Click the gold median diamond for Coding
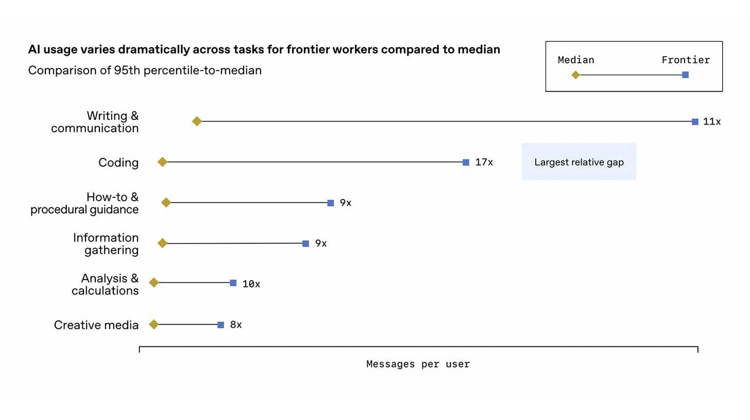[162, 162]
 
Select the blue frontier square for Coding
[466, 163]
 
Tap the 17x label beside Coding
[484, 163]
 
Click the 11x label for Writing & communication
[712, 122]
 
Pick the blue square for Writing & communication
[695, 122]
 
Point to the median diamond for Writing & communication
[197, 121]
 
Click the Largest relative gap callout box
[579, 162]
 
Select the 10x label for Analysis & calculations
[251, 284]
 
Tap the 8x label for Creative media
[236, 325]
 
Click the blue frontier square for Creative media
[220, 325]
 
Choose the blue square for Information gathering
[305, 243]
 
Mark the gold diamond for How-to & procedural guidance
[166, 203]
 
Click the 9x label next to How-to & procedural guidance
[345, 203]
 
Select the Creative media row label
[96, 325]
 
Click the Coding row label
[118, 163]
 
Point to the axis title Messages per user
[418, 364]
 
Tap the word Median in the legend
[576, 60]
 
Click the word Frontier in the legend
[686, 60]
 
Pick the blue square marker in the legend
[685, 75]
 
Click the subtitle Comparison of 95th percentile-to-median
[145, 71]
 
